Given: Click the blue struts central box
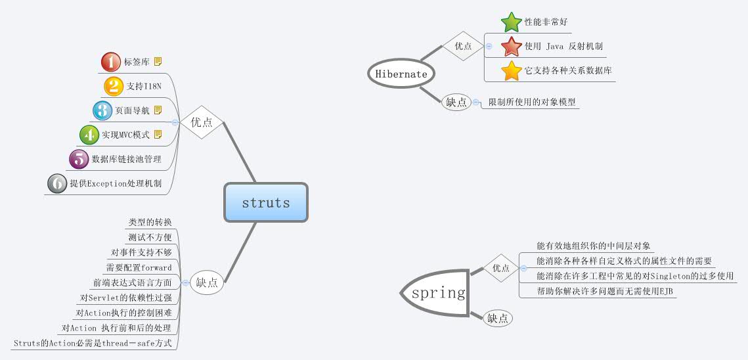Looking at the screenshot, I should point(266,202).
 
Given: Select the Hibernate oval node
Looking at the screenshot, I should point(401,74).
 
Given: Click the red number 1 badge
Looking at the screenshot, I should point(111,62).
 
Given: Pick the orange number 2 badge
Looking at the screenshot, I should point(114,86).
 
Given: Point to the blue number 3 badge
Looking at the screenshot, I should point(102,110).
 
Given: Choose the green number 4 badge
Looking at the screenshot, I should point(89,135).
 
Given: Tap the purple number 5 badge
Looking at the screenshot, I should point(79,159).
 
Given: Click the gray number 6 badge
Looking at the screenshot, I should point(57,184).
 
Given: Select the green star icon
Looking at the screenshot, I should point(511,22).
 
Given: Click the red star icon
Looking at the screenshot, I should point(511,47).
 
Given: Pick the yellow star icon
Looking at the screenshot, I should point(511,71).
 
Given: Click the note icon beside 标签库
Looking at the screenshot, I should point(158,62).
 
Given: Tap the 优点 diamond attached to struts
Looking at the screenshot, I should point(202,122).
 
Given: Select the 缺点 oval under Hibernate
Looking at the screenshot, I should point(456,102).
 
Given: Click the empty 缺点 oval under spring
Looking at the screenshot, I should point(498,319).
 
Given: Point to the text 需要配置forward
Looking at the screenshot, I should point(139,268).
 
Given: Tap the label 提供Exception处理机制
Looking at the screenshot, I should point(116,184).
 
